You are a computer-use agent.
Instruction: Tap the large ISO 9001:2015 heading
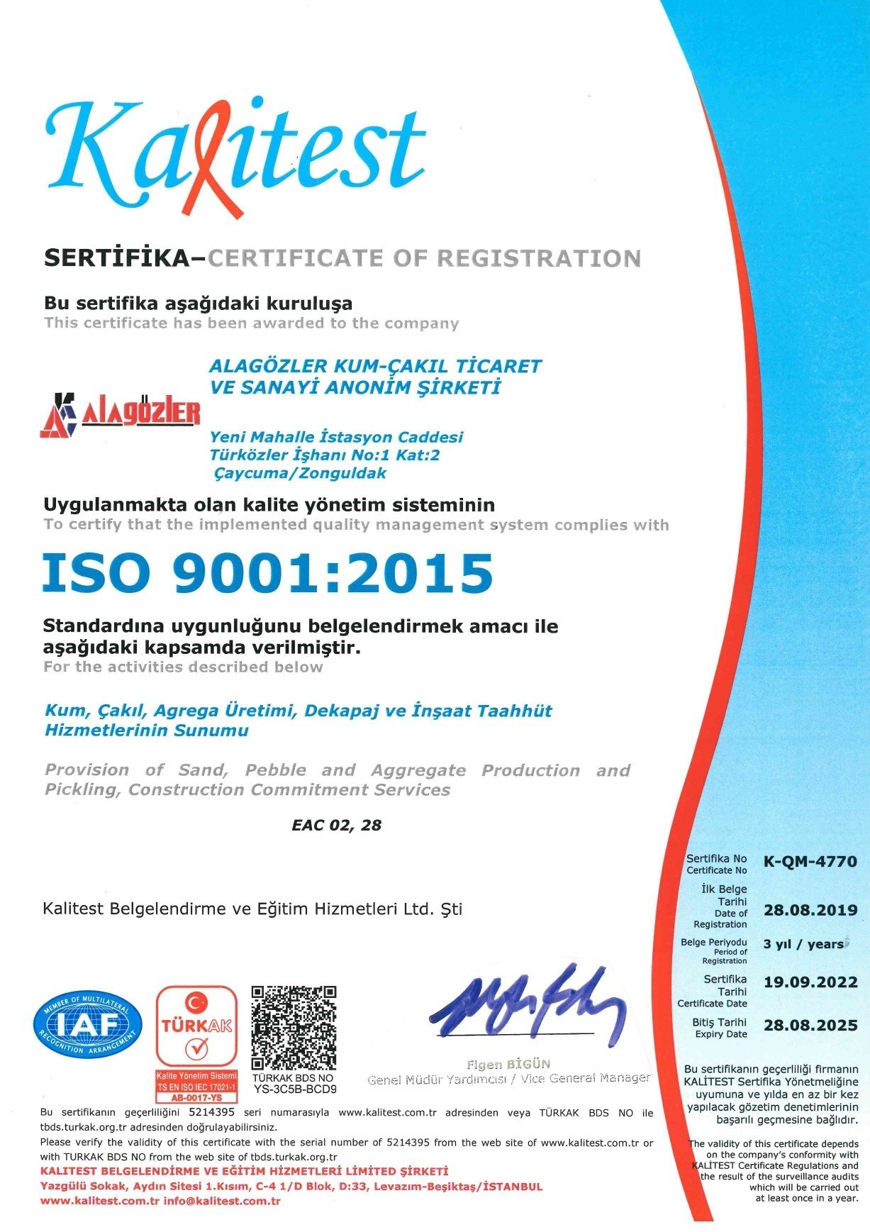pos(267,573)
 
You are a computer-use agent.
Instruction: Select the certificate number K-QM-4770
pos(810,862)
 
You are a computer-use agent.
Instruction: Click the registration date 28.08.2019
pos(810,910)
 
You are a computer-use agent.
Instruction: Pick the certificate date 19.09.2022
pos(810,982)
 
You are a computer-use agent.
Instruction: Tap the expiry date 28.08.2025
pos(810,1025)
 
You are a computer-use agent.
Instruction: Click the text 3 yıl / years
pos(804,944)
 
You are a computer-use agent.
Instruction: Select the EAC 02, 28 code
pos(336,825)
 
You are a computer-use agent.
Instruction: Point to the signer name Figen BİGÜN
pos(508,1064)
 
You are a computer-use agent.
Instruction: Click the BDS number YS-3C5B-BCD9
pos(294,1089)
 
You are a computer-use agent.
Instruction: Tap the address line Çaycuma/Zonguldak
pos(300,473)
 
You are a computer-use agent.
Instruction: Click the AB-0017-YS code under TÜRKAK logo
pos(196,1097)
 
